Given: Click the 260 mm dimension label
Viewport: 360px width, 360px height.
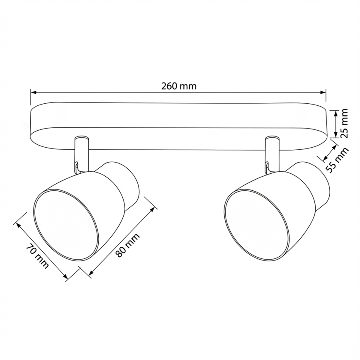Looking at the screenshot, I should pyautogui.click(x=178, y=86).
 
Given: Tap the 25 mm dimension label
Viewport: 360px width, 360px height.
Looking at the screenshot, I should pyautogui.click(x=344, y=123).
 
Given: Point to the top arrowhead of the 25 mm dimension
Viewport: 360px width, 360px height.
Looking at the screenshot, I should pyautogui.click(x=335, y=112).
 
